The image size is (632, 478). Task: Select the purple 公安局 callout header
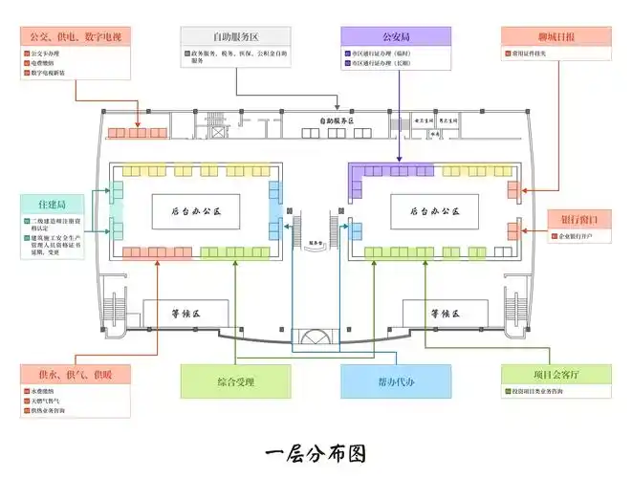pyautogui.click(x=396, y=36)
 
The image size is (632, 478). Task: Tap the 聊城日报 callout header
pyautogui.click(x=556, y=36)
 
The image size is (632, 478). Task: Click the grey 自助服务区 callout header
pyautogui.click(x=234, y=36)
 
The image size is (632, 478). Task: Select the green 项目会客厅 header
pyautogui.click(x=556, y=374)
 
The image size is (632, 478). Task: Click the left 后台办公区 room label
pyautogui.click(x=195, y=209)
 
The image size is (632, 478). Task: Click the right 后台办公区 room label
pyautogui.click(x=434, y=209)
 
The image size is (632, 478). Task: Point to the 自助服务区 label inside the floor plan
pyautogui.click(x=336, y=121)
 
